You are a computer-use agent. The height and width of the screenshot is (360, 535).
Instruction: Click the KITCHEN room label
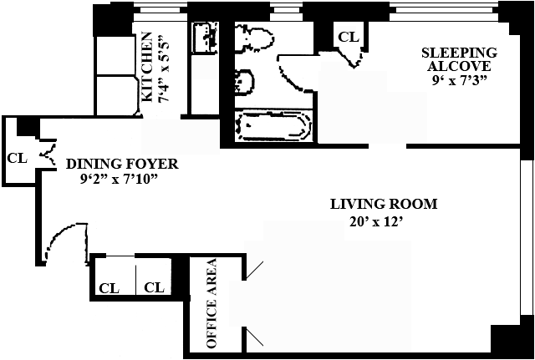point(146,67)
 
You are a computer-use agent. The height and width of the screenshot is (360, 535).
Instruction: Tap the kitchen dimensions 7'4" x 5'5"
point(164,68)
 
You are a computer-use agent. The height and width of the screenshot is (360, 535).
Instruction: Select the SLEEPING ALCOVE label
point(459,59)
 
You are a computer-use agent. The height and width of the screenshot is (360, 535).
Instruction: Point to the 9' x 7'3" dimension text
point(459,81)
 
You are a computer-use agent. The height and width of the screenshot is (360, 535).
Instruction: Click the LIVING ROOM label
point(384,204)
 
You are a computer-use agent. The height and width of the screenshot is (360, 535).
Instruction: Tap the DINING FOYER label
point(122,164)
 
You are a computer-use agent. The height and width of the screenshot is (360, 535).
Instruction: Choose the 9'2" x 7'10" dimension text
point(120,179)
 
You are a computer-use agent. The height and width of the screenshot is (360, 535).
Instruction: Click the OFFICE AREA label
point(211,303)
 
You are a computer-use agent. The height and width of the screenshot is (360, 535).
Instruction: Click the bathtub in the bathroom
point(273,127)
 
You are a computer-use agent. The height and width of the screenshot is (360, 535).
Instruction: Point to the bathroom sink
point(244,81)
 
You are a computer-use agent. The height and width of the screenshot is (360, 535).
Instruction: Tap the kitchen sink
point(205,38)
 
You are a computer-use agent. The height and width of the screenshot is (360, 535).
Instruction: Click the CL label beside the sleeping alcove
point(348,37)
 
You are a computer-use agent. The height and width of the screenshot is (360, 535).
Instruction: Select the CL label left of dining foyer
point(17,158)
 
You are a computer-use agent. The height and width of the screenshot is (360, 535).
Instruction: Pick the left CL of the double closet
point(110,288)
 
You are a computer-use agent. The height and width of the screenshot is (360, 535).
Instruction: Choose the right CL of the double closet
point(154,287)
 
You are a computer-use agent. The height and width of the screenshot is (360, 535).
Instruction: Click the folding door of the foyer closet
point(48,155)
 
